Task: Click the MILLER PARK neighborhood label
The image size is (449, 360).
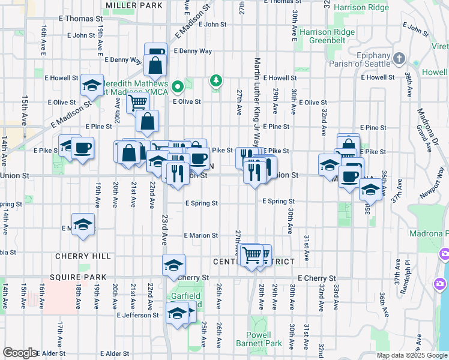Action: pos(134,5)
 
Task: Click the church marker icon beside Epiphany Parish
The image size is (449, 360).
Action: pos(399,58)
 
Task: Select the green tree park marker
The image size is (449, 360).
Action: pos(215,80)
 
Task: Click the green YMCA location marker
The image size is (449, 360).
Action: pos(177,88)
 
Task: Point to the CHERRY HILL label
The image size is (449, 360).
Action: pos(83,256)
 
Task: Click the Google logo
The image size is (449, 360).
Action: pos(19,353)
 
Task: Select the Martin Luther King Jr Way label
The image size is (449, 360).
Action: pos(257,102)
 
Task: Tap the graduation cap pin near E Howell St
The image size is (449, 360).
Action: pos(92,86)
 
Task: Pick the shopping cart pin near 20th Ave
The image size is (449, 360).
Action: pos(138,101)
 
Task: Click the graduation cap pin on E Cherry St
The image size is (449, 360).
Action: pos(173,265)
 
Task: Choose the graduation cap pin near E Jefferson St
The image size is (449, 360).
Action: pos(176,313)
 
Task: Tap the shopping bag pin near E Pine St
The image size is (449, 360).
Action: pos(147,121)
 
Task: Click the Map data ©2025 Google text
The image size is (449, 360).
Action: pos(411,355)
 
